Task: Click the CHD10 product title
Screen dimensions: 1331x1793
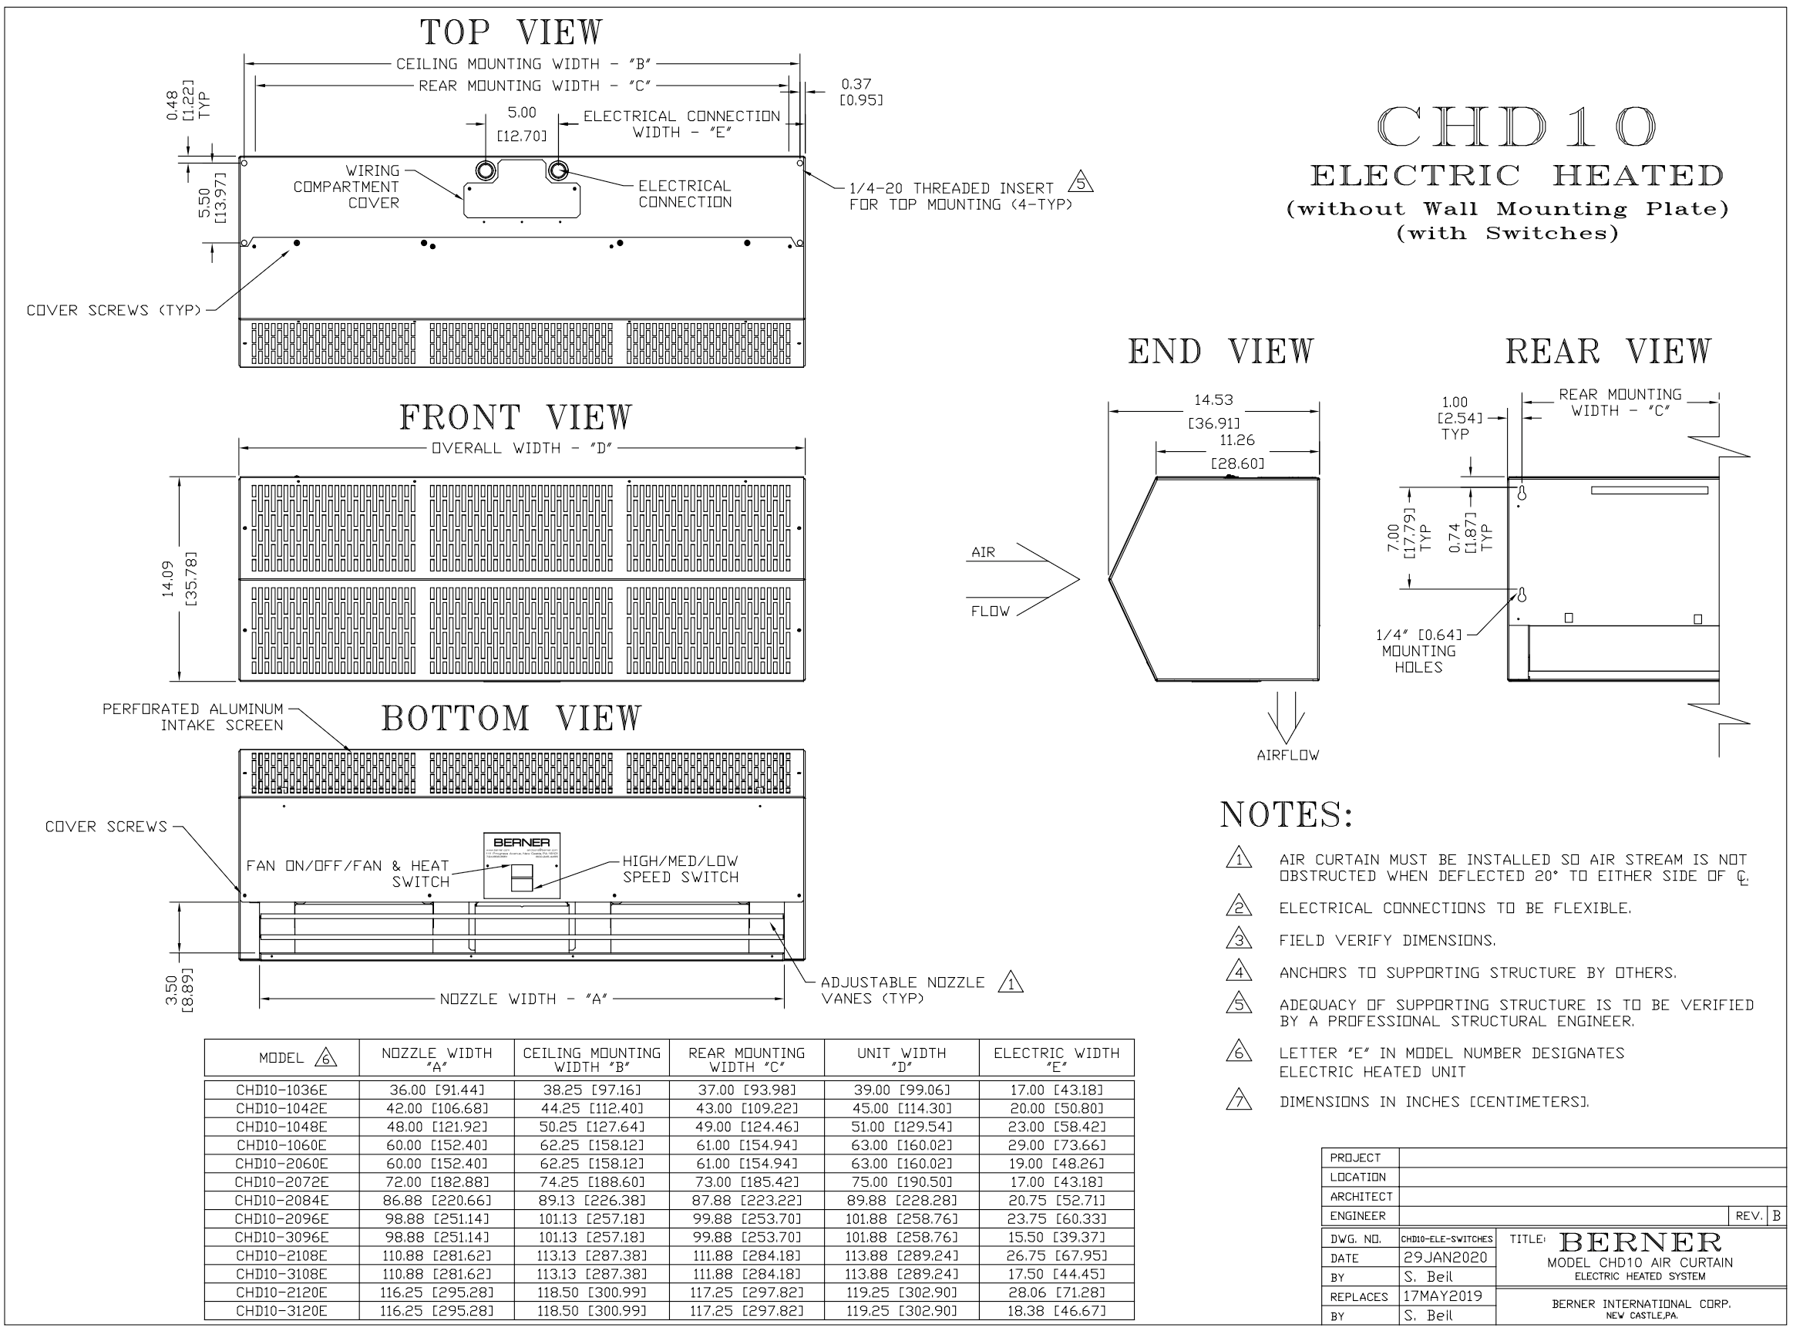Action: (x=1516, y=128)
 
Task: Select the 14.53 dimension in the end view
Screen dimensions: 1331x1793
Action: (x=1213, y=400)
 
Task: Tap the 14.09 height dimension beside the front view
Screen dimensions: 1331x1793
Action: (x=168, y=578)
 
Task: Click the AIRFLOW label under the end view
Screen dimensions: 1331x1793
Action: (x=1287, y=756)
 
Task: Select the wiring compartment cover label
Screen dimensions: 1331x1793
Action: (x=347, y=187)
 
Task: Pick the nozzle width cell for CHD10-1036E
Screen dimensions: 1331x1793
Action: (x=436, y=1090)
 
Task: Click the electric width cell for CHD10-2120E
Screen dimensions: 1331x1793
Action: (x=1056, y=1292)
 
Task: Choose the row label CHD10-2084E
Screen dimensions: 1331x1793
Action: (x=281, y=1201)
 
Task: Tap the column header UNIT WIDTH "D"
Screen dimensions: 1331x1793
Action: (x=901, y=1059)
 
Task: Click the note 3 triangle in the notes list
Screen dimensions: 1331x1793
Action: (x=1238, y=939)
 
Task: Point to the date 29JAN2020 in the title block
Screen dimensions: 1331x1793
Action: (x=1445, y=1258)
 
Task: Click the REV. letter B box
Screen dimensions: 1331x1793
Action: (x=1776, y=1216)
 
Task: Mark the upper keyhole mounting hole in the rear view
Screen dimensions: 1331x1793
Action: (x=1521, y=493)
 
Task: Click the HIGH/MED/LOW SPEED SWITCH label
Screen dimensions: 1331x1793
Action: (x=680, y=869)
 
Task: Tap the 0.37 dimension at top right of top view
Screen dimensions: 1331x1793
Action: (x=856, y=84)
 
